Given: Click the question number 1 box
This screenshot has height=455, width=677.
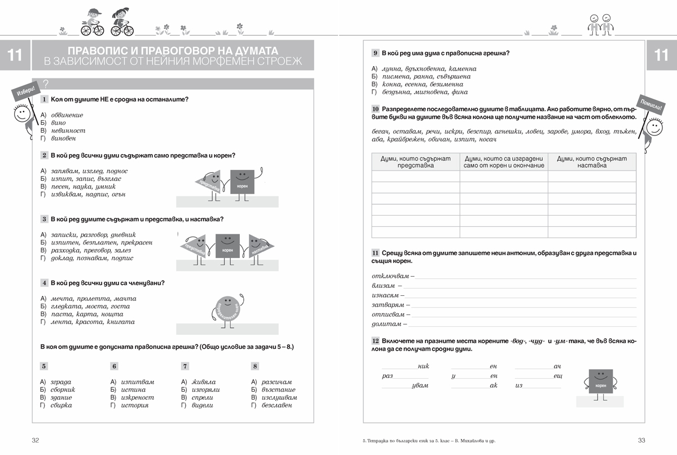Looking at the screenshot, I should [x=44, y=99].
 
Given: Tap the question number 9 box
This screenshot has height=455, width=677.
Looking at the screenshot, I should [x=375, y=53].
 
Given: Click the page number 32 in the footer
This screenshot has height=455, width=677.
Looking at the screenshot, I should [x=36, y=440].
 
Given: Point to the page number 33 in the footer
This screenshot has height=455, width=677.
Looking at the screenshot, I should [x=641, y=440].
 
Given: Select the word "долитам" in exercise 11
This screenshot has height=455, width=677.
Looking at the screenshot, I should [x=386, y=324].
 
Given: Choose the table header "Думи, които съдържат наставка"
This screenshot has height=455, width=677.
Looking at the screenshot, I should [x=592, y=162].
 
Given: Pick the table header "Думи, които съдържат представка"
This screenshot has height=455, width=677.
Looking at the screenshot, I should [x=416, y=162].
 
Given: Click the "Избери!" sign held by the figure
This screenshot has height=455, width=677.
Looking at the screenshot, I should [x=25, y=90].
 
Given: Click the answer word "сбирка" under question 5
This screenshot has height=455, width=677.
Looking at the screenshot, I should [x=61, y=405].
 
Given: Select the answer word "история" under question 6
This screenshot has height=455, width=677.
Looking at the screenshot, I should [x=135, y=405].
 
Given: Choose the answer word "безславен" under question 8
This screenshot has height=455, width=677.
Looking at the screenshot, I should [x=277, y=405].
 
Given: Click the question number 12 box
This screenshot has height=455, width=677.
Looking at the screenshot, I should [x=375, y=341].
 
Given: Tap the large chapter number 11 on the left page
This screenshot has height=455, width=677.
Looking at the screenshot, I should [x=15, y=55].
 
